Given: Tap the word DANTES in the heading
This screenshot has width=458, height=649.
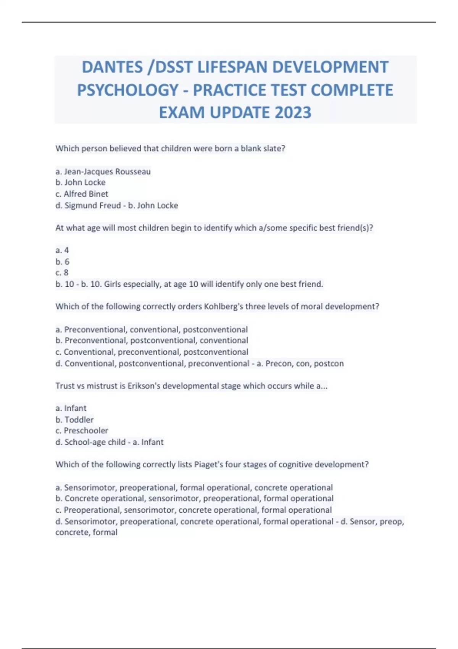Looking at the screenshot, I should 112,67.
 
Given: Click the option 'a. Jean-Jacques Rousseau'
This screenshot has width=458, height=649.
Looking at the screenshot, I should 103,171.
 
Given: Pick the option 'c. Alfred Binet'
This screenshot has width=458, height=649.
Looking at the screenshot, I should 82,194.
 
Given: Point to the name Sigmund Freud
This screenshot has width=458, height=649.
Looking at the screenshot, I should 93,205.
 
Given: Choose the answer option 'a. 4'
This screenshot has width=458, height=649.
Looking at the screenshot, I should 62,250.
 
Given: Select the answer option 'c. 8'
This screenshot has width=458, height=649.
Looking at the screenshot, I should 62,273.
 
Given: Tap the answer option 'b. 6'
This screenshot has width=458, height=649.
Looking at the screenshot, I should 63,262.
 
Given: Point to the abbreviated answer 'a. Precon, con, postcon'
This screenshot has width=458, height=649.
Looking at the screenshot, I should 300,363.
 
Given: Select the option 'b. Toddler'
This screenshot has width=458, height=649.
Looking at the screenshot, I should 74,420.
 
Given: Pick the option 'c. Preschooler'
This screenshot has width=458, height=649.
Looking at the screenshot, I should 82,431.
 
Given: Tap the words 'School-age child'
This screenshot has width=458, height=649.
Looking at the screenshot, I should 95,442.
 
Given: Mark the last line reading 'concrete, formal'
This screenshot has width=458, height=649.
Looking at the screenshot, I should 86,533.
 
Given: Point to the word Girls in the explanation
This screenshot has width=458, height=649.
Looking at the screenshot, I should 114,284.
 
